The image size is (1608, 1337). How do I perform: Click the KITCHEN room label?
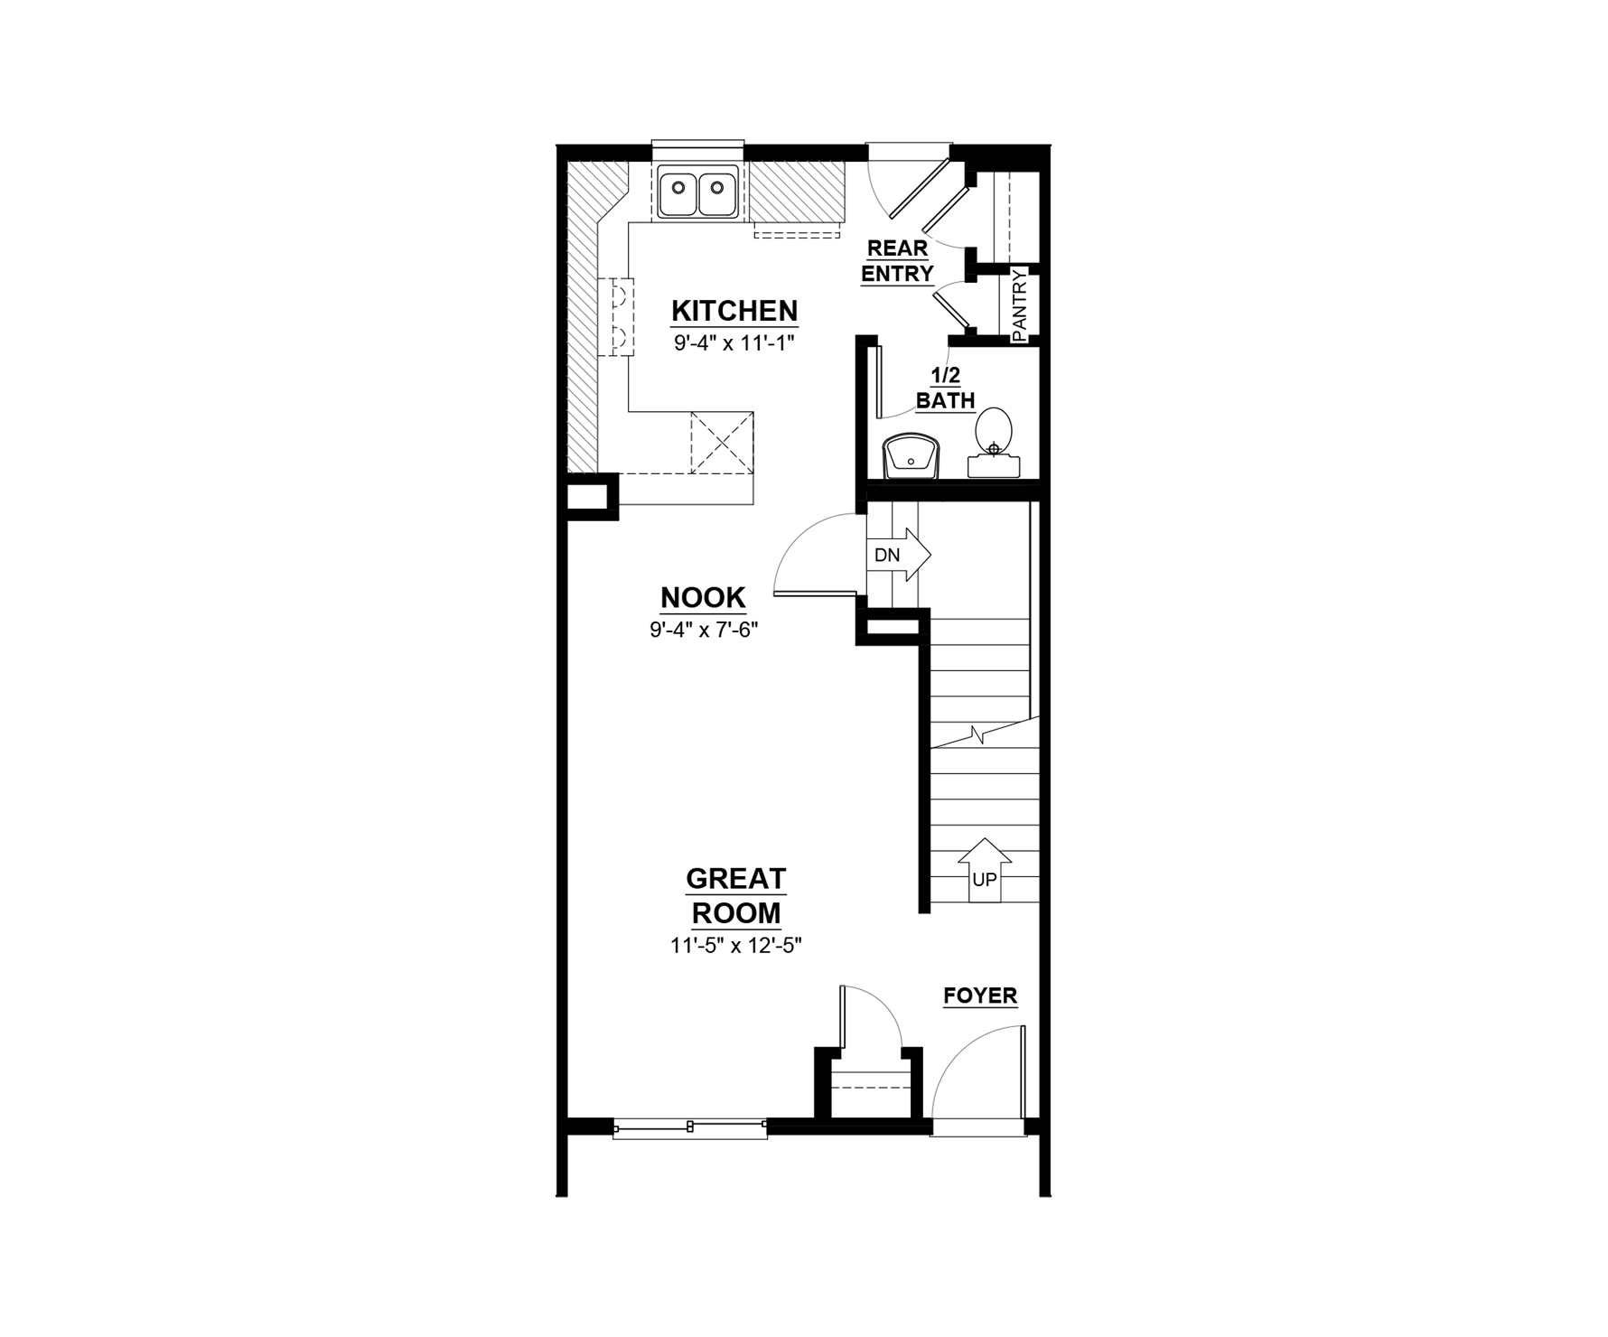tap(734, 311)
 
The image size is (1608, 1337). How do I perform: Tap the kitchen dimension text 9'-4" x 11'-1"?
tap(734, 343)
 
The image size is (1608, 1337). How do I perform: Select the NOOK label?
tap(703, 597)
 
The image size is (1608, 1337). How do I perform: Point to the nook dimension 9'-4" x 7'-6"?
tap(703, 630)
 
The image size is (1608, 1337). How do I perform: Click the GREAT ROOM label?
tap(736, 895)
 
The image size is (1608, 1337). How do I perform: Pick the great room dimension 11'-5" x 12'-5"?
tap(736, 946)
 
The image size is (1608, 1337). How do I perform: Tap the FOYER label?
tap(980, 996)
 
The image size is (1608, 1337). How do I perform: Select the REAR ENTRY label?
tap(897, 260)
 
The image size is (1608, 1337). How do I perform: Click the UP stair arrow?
tap(985, 870)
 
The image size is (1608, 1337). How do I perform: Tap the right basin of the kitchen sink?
tap(717, 192)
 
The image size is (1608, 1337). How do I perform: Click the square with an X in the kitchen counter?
tap(722, 442)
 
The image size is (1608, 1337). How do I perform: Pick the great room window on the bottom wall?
tap(690, 1127)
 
